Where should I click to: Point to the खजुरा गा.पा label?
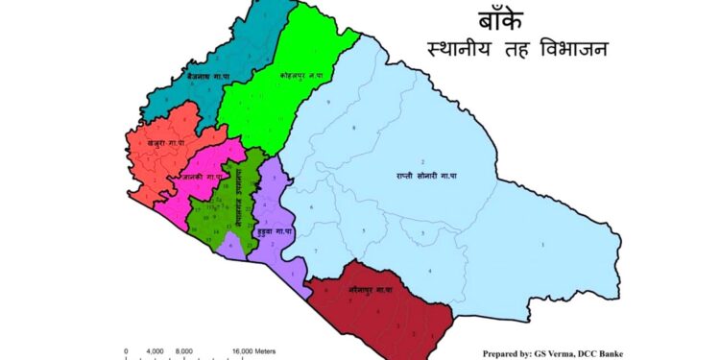tap(164, 143)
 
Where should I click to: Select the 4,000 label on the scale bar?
tap(156, 351)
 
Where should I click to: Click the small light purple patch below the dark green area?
tap(232, 247)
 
